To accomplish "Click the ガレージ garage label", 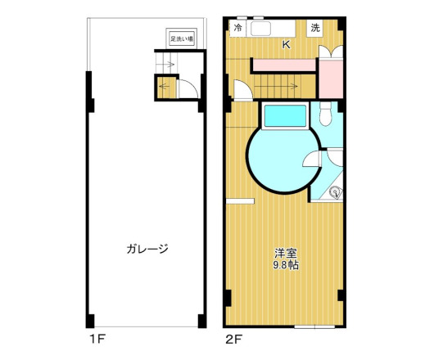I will click(147, 249).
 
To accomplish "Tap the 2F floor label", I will click(233, 336).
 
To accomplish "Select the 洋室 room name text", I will click(286, 253).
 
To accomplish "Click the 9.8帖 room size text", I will click(286, 265).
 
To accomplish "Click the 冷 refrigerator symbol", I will click(238, 29).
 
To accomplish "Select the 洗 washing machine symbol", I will click(315, 29).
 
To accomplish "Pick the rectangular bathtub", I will click(284, 118).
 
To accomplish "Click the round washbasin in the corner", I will click(334, 193).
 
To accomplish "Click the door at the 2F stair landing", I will click(240, 89).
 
